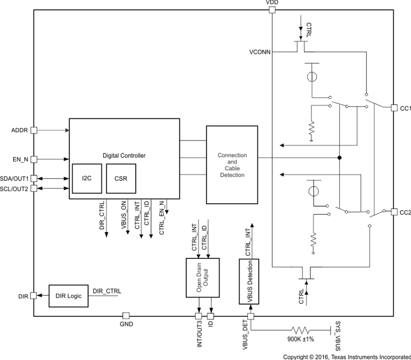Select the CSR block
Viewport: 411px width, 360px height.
pos(121,178)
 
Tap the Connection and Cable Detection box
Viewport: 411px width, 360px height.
pos(232,165)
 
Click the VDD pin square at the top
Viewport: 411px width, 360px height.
pos(272,9)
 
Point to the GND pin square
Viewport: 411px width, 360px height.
pos(126,316)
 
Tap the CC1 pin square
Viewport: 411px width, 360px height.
pos(394,108)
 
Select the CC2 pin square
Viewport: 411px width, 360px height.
pos(394,212)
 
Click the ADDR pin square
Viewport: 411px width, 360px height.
pos(34,129)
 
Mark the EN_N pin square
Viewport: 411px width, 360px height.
pos(34,158)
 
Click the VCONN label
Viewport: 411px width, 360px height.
pos(260,52)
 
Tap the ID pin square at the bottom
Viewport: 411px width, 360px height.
pos(211,316)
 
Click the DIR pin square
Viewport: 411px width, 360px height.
pos(34,296)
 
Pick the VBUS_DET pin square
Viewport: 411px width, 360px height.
pos(250,316)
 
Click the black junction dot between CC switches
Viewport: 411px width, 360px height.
pos(340,157)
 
